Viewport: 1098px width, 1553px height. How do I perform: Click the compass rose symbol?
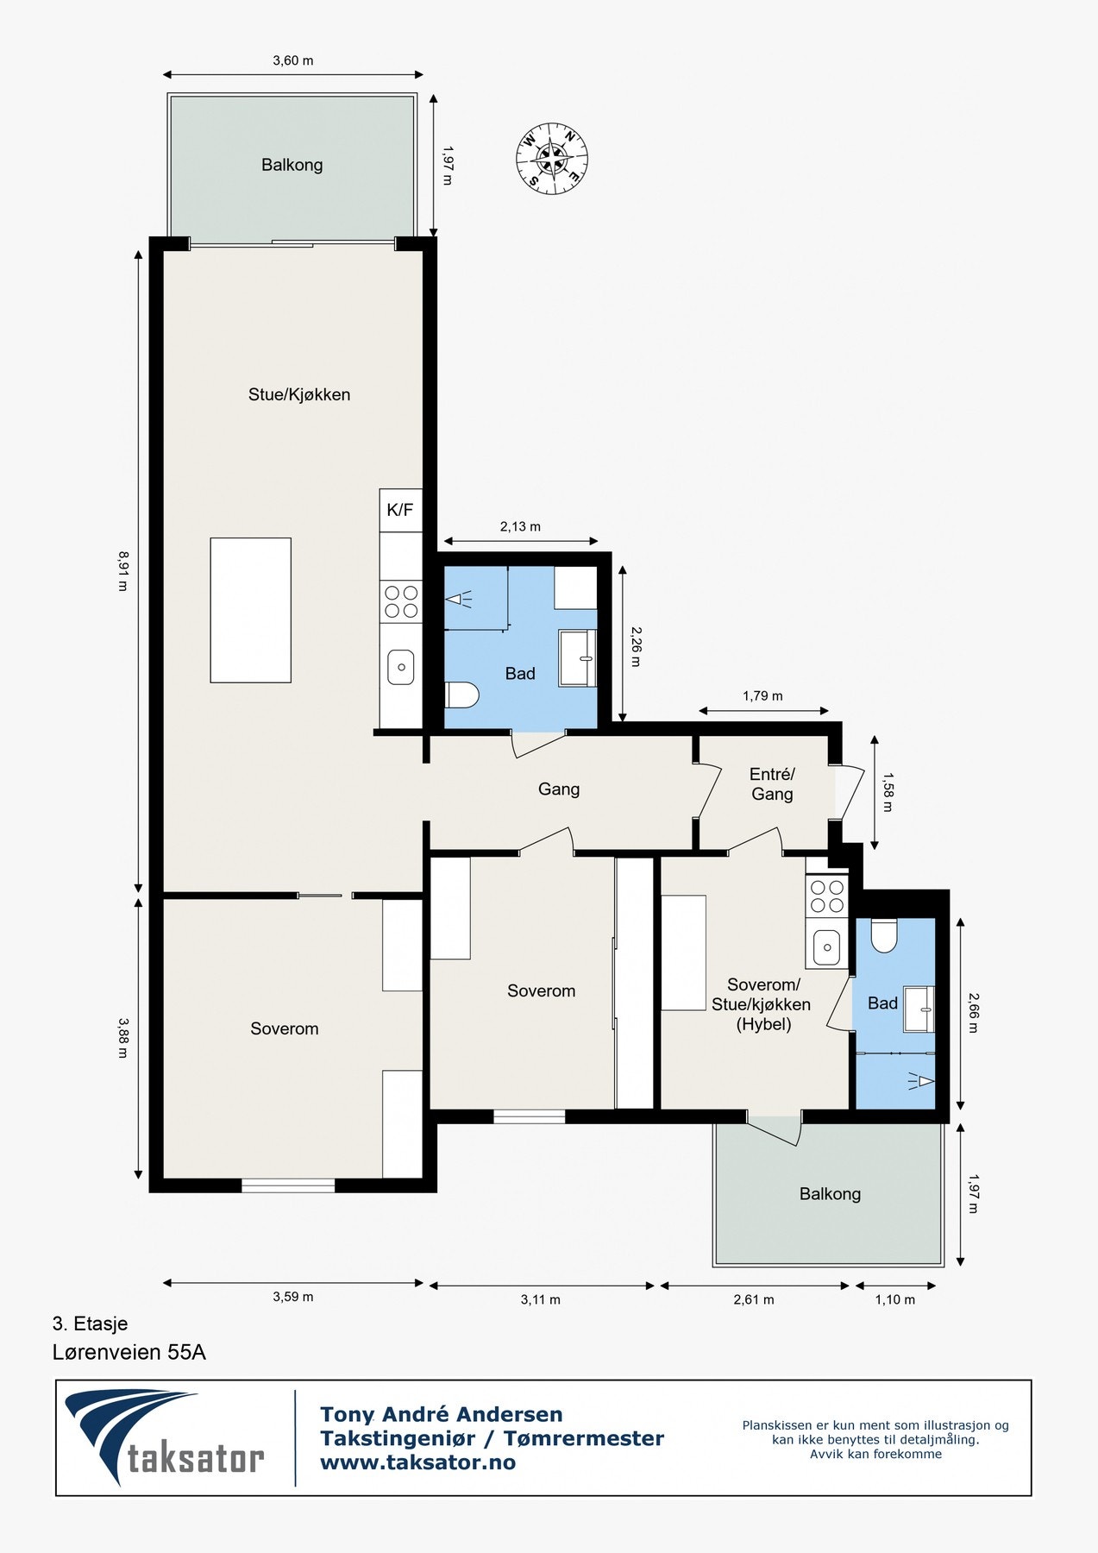click(552, 159)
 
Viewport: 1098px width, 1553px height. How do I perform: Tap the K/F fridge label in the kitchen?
click(400, 510)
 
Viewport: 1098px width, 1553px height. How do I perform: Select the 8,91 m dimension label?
click(122, 571)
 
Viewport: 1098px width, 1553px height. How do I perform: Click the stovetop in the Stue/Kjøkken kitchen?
click(401, 601)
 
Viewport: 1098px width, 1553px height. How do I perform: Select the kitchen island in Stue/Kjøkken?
click(250, 610)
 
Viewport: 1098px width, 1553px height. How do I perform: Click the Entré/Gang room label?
click(772, 784)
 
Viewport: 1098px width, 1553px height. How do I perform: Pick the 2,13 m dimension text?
click(520, 526)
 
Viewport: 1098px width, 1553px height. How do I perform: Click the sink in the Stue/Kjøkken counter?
click(400, 667)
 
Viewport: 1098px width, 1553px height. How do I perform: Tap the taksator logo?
click(164, 1437)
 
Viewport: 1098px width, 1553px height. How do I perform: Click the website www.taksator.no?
click(417, 1462)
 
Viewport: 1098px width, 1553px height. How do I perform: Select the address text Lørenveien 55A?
click(129, 1352)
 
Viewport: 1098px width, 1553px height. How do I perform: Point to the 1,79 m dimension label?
click(762, 695)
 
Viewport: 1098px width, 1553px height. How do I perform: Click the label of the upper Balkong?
click(292, 165)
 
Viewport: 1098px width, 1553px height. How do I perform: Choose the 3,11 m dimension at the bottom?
click(541, 1299)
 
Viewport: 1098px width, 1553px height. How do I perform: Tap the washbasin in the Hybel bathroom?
click(919, 1009)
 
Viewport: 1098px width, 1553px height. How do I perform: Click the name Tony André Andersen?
click(442, 1414)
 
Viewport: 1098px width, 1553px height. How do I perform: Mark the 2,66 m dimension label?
click(974, 1013)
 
